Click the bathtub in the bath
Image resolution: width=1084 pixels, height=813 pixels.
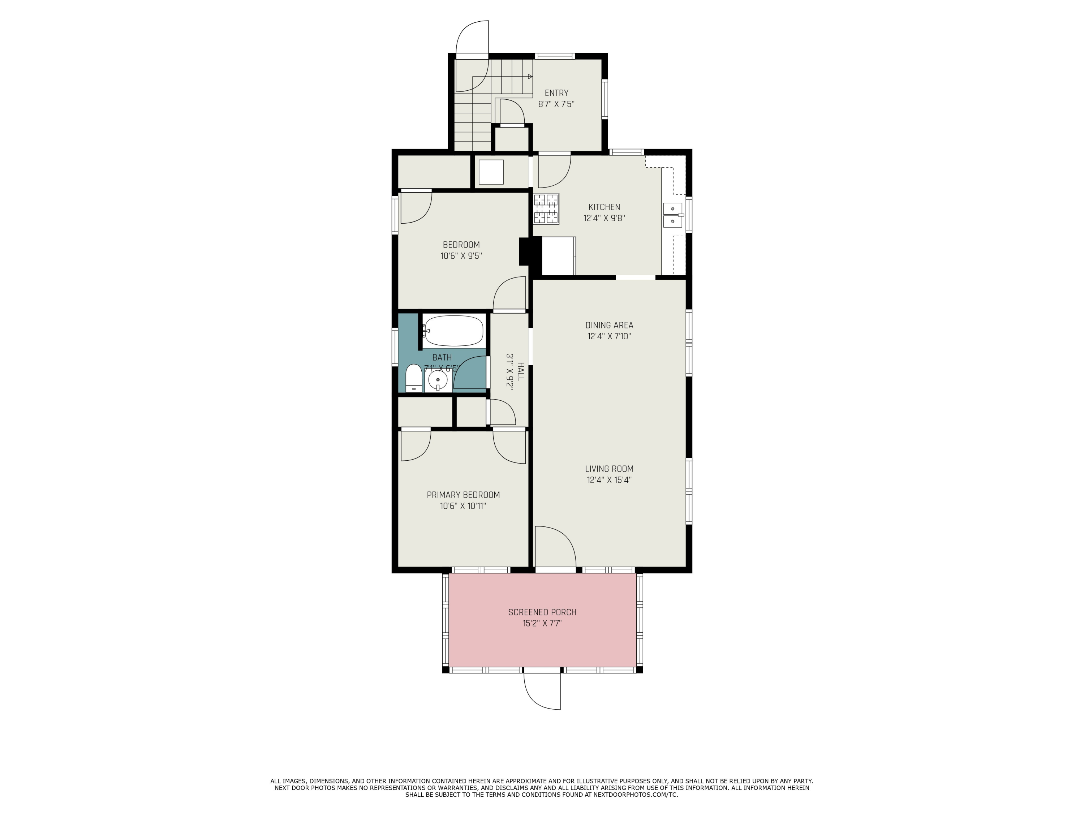[454, 331]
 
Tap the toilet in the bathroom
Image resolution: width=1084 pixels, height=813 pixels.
[414, 378]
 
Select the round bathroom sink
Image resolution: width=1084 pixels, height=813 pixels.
[438, 380]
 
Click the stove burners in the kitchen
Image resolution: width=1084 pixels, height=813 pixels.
[546, 209]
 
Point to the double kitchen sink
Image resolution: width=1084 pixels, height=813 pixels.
[673, 215]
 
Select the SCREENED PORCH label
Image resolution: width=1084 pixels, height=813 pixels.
[542, 612]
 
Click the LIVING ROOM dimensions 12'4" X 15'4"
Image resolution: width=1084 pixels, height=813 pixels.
[609, 480]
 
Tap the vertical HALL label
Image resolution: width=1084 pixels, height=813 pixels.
[520, 371]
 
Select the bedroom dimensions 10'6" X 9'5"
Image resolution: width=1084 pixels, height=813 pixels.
[461, 256]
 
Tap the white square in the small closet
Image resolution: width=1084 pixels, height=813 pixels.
[491, 172]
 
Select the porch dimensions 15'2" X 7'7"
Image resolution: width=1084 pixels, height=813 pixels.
[542, 624]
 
